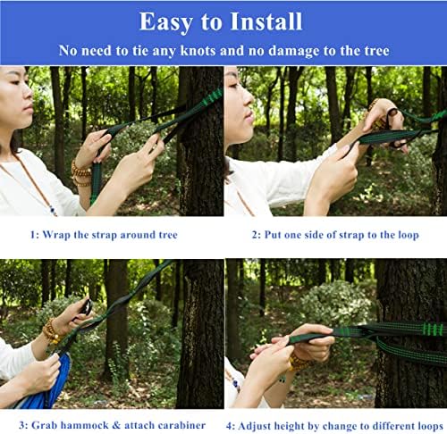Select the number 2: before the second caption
coord(255,235)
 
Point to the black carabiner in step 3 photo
coord(87,308)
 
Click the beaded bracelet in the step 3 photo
coord(54,332)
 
